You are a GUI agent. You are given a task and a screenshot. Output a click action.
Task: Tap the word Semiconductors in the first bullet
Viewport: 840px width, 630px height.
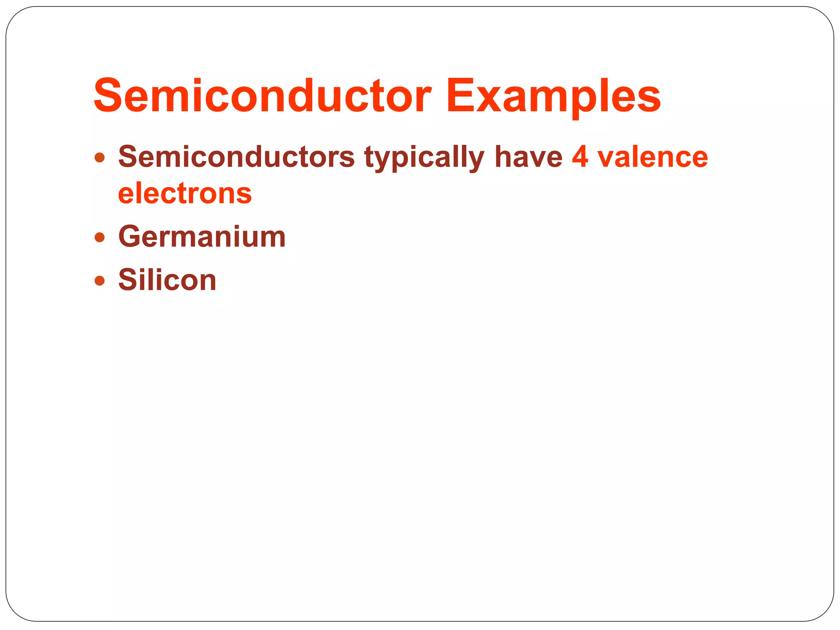pyautogui.click(x=236, y=157)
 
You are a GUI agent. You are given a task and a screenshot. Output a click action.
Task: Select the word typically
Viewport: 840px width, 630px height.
pyautogui.click(x=424, y=157)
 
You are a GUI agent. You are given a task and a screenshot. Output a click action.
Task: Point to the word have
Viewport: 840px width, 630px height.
pyautogui.click(x=528, y=157)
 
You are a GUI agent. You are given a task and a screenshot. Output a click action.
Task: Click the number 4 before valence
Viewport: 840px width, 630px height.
pyautogui.click(x=580, y=157)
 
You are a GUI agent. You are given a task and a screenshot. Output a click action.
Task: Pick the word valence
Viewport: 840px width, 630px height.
pyautogui.click(x=653, y=157)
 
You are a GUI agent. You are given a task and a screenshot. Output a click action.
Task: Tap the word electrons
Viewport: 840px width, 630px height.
pyautogui.click(x=185, y=193)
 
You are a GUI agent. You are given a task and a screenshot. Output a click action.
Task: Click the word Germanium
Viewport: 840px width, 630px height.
pyautogui.click(x=202, y=237)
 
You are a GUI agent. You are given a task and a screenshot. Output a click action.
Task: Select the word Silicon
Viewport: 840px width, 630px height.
pyautogui.click(x=167, y=280)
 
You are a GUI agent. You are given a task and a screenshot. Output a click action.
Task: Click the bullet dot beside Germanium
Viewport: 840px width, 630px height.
pyautogui.click(x=100, y=237)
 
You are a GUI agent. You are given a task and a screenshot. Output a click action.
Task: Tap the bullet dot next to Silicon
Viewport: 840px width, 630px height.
pyautogui.click(x=100, y=281)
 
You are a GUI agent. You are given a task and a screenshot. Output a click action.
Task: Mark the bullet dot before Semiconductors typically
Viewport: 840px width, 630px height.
pyautogui.click(x=100, y=157)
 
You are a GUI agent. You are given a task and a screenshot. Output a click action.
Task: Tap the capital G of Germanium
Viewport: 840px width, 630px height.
pyautogui.click(x=131, y=237)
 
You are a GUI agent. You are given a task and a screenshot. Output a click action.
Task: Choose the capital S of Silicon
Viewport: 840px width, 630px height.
pyautogui.click(x=128, y=280)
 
